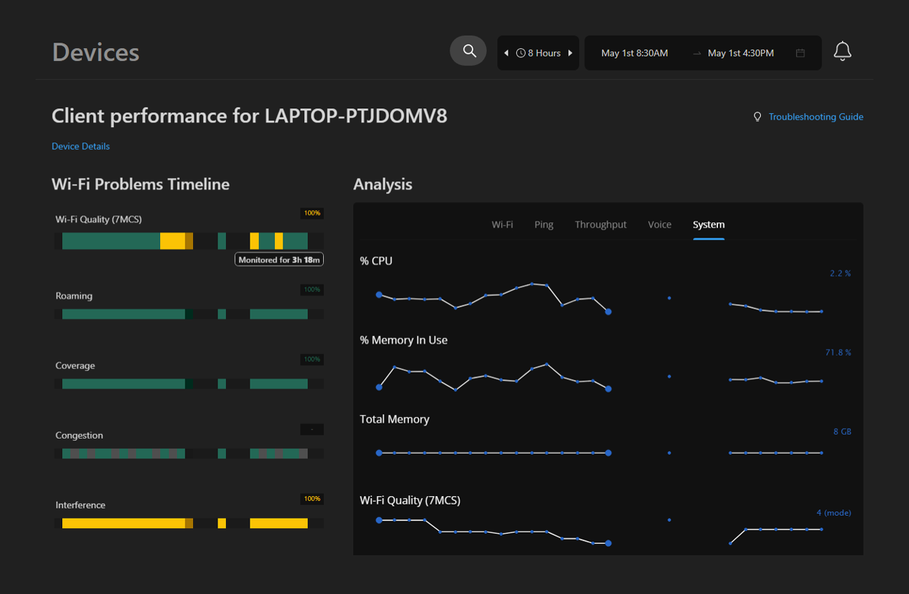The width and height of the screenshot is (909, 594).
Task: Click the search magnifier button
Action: coord(468,51)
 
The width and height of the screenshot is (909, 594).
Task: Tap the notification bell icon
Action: coord(842,52)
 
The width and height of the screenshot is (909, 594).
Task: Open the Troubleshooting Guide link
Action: coord(815,117)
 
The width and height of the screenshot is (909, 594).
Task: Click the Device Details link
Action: coord(80,146)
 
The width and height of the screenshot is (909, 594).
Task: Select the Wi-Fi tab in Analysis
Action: coord(502,224)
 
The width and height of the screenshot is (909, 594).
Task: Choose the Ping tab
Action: coord(543,224)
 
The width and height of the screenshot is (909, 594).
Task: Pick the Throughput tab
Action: coord(600,224)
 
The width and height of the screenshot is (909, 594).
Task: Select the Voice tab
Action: coord(659,224)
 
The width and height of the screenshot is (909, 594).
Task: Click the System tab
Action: coord(708,224)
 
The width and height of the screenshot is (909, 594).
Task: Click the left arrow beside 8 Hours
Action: coord(506,53)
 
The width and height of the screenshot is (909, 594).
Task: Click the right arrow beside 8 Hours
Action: coord(571,53)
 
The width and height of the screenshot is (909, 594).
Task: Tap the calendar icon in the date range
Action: coord(801,53)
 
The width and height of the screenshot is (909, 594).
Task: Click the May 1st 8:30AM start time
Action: coord(634,53)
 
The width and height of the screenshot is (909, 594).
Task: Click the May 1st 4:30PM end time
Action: coord(740,53)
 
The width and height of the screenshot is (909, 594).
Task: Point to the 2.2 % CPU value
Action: coord(840,273)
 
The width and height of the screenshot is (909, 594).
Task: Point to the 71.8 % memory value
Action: coord(838,352)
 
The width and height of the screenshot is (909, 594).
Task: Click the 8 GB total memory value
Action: coord(842,431)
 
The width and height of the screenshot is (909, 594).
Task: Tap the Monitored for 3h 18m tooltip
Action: coord(279,259)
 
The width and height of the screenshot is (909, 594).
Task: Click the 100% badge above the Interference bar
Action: coord(312,499)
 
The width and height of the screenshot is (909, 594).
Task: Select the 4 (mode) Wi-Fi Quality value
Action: coord(833,512)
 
